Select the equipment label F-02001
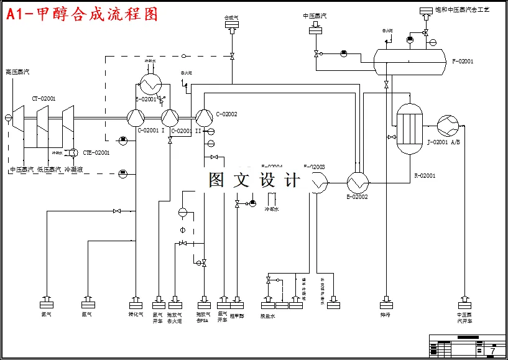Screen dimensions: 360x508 (463, 62)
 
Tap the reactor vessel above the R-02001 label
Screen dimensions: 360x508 (410, 129)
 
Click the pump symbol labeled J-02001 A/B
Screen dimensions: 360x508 (447, 125)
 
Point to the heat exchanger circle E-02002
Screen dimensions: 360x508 (358, 183)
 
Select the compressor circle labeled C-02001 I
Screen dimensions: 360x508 (136, 116)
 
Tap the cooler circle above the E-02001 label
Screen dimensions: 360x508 (149, 82)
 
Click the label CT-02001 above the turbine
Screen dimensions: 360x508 (44, 98)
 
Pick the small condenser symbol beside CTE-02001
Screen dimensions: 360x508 (73, 153)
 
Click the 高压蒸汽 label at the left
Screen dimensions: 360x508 (17, 72)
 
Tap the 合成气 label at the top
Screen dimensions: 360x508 (232, 18)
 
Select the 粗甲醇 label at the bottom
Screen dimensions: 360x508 (237, 315)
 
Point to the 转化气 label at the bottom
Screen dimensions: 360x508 (136, 315)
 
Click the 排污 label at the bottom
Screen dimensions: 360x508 (386, 315)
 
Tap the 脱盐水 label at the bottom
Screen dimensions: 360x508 (267, 316)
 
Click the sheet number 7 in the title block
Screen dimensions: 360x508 (492, 351)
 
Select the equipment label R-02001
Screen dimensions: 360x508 (425, 176)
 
